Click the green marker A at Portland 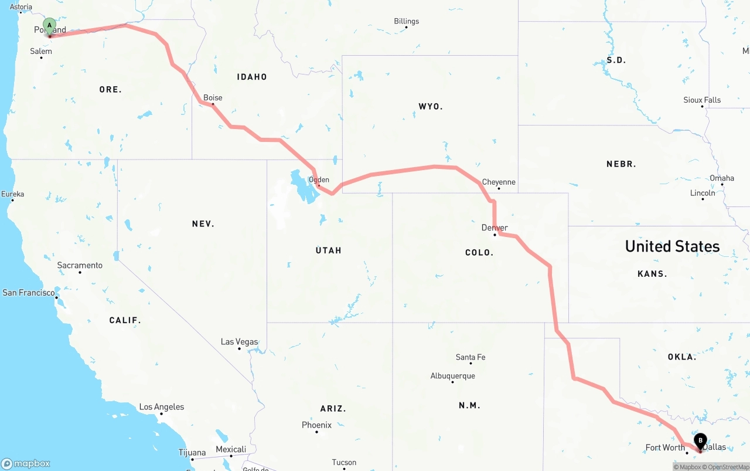49,26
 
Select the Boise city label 213,98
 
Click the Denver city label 495,228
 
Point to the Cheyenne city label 499,182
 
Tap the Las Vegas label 239,341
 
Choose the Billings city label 406,21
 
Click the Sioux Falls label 702,100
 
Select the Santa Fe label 471,357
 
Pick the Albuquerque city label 452,375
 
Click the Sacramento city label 80,265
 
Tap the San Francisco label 29,292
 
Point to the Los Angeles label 161,406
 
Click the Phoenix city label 316,425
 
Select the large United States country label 672,246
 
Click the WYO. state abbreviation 431,106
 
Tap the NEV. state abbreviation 203,223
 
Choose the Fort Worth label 665,448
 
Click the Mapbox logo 26,463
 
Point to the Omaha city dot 722,185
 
